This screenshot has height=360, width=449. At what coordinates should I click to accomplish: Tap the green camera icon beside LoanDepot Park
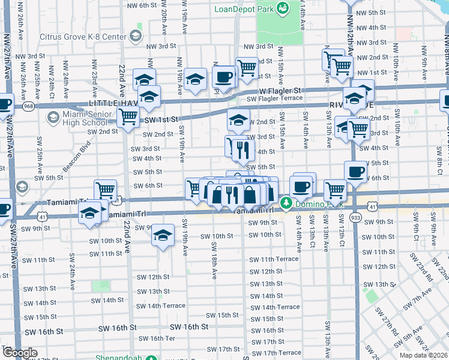point(282,8)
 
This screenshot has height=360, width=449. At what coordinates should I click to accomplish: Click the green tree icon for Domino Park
point(286,203)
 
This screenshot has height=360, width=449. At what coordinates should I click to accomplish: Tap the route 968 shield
point(28,106)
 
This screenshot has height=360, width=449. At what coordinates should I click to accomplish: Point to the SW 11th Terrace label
point(274,259)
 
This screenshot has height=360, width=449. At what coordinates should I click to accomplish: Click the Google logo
point(20,353)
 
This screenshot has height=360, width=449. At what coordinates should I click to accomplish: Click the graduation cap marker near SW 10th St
point(162,235)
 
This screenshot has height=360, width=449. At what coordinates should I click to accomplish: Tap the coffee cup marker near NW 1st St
point(224,77)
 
